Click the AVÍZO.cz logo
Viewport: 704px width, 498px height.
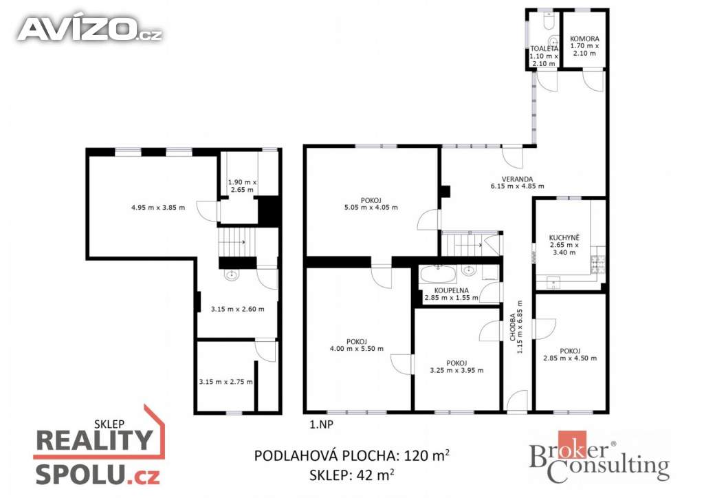pyautogui.click(x=90, y=29)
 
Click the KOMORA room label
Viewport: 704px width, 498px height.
pyautogui.click(x=584, y=39)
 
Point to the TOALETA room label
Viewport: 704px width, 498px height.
pyautogui.click(x=544, y=49)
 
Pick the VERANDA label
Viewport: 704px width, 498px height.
pyautogui.click(x=517, y=179)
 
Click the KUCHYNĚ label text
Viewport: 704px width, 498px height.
pyautogui.click(x=564, y=238)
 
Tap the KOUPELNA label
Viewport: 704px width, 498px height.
pyautogui.click(x=451, y=290)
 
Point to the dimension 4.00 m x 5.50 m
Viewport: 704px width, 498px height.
pyautogui.click(x=357, y=349)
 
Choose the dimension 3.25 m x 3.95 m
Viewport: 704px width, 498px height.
pyautogui.click(x=456, y=371)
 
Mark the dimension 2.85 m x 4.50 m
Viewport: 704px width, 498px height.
pyautogui.click(x=570, y=358)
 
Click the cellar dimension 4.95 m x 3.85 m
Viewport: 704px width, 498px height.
pyautogui.click(x=158, y=208)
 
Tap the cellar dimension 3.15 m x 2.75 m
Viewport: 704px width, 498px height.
pyautogui.click(x=225, y=382)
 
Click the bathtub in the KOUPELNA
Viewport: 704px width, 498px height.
pyautogui.click(x=438, y=274)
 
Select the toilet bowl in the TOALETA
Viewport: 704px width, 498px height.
pyautogui.click(x=549, y=20)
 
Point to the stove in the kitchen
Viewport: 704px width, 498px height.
pyautogui.click(x=598, y=265)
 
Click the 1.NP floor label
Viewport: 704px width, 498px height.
pyautogui.click(x=322, y=424)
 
